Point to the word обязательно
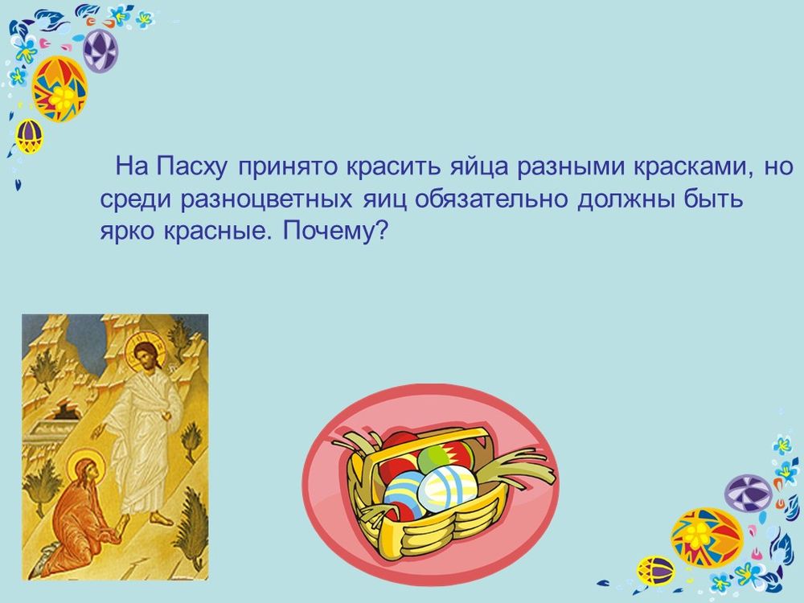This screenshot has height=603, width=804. (493, 199)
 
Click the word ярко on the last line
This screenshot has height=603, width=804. (127, 232)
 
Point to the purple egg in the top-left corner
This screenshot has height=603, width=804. (100, 50)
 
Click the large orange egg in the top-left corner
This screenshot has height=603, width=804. (59, 89)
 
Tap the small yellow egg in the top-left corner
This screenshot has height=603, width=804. (29, 136)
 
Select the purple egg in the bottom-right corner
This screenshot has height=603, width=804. (748, 493)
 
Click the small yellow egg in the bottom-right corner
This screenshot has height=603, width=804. (655, 571)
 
